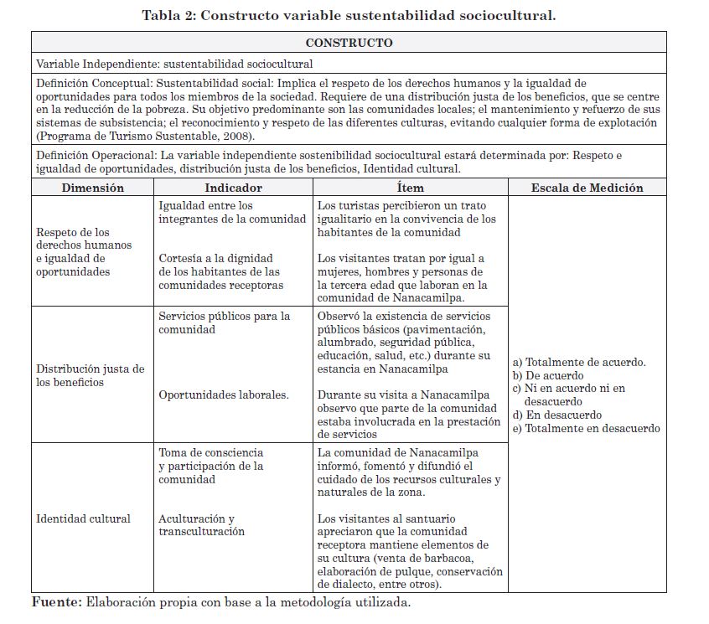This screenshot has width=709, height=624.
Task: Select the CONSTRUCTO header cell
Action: click(x=349, y=43)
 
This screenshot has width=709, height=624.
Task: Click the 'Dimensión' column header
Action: click(x=92, y=188)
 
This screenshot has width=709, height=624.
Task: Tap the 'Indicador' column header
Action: click(x=233, y=188)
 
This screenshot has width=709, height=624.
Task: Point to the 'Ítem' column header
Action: click(x=410, y=188)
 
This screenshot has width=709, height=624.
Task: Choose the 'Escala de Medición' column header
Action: click(x=587, y=188)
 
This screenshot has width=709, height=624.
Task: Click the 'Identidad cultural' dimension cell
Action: click(x=83, y=518)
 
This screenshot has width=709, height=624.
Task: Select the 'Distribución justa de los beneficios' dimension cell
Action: click(x=90, y=375)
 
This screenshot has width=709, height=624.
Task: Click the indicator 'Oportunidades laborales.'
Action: click(x=224, y=395)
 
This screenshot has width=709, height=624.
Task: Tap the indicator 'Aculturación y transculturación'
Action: click(x=201, y=525)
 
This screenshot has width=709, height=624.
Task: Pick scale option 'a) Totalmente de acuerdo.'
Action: click(x=579, y=362)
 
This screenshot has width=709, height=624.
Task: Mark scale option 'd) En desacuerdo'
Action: click(x=557, y=415)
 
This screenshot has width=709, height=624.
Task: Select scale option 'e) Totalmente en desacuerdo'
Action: click(x=586, y=428)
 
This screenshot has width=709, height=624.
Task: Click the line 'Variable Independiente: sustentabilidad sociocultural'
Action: click(x=174, y=64)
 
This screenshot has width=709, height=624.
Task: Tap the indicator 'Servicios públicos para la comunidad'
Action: click(x=225, y=322)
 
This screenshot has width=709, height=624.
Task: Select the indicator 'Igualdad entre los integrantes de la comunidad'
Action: click(x=232, y=212)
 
